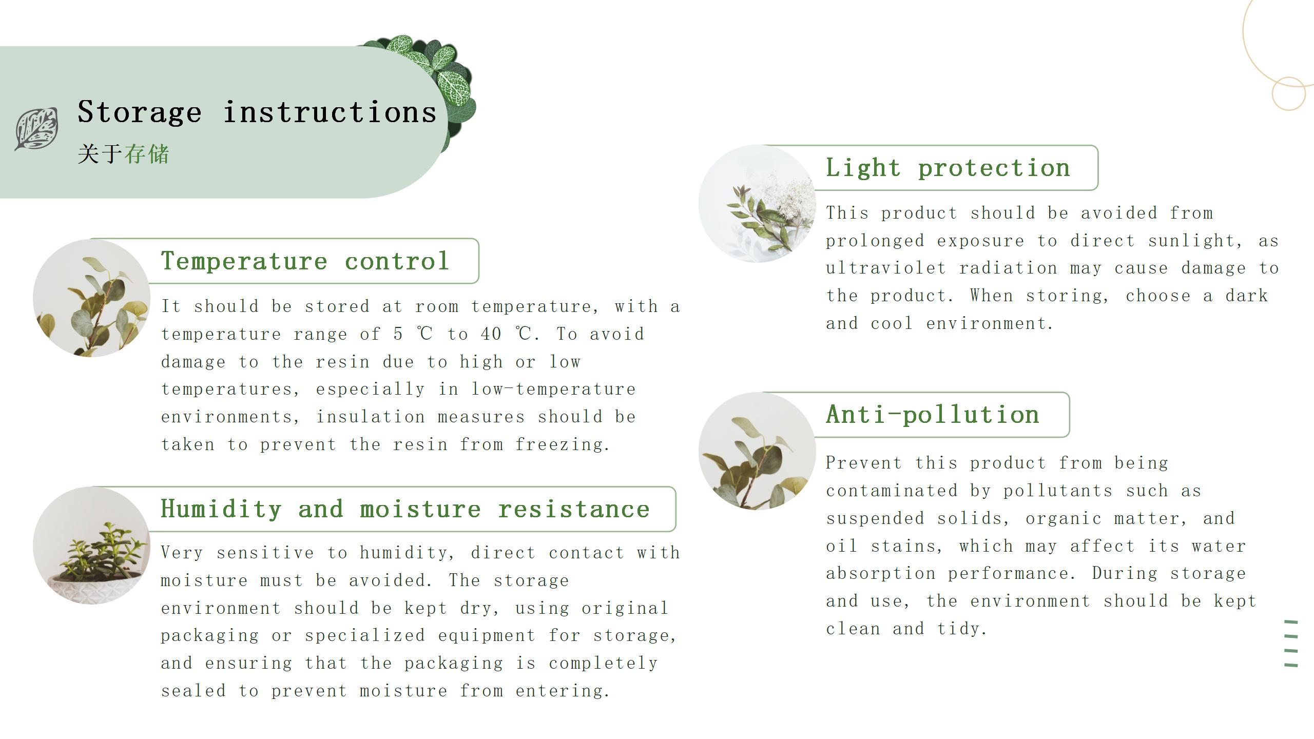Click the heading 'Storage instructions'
pyautogui.click(x=257, y=112)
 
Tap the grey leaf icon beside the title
pyautogui.click(x=36, y=129)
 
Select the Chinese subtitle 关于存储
pyautogui.click(x=123, y=154)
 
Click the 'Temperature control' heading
pyautogui.click(x=305, y=261)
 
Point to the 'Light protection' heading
pyautogui.click(x=948, y=168)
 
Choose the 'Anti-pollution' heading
pyautogui.click(x=933, y=414)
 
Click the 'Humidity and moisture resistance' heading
pyautogui.click(x=405, y=509)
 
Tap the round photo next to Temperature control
pyautogui.click(x=91, y=298)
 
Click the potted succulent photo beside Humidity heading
pyautogui.click(x=91, y=546)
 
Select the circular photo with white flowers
pyautogui.click(x=757, y=204)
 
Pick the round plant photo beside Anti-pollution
pyautogui.click(x=757, y=451)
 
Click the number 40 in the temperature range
pyautogui.click(x=491, y=334)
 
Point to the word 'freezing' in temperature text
pyautogui.click(x=563, y=444)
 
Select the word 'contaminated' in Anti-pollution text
pyautogui.click(x=892, y=491)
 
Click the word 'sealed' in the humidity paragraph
pyautogui.click(x=193, y=691)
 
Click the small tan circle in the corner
pyautogui.click(x=1288, y=94)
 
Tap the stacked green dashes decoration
pyautogui.click(x=1291, y=644)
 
